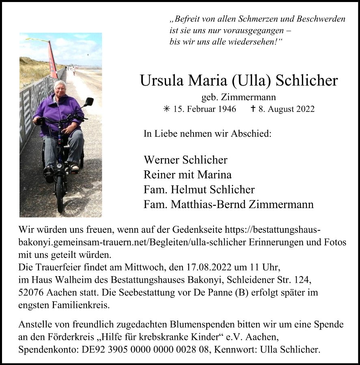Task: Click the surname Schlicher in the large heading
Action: click(x=306, y=80)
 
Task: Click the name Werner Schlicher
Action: click(x=185, y=160)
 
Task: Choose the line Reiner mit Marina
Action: click(x=188, y=175)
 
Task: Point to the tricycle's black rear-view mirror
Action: click(x=89, y=101)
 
